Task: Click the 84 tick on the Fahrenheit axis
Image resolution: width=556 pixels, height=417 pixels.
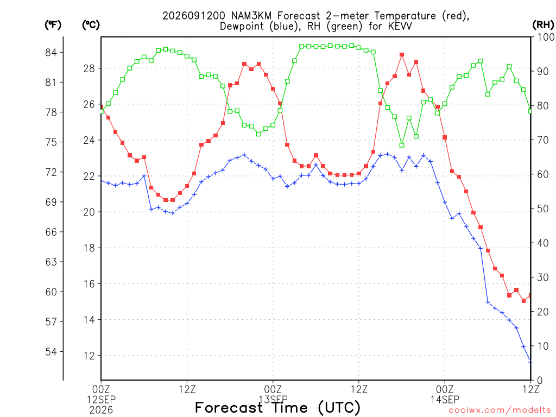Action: (x=51, y=53)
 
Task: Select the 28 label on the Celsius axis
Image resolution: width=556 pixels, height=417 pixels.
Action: (x=90, y=68)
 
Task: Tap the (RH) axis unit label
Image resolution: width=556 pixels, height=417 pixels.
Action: (x=543, y=24)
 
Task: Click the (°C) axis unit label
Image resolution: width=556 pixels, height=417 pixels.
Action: (x=91, y=24)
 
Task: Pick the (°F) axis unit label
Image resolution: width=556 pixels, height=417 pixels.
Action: (x=53, y=24)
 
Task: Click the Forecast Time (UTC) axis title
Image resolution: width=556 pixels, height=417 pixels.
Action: (x=277, y=407)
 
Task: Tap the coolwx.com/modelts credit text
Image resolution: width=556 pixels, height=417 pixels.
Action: (x=500, y=410)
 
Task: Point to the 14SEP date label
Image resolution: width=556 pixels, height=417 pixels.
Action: (x=445, y=400)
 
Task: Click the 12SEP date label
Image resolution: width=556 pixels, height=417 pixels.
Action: (x=102, y=400)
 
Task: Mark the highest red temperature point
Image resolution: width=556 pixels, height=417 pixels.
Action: (x=402, y=55)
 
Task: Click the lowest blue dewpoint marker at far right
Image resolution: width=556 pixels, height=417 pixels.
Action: (x=530, y=361)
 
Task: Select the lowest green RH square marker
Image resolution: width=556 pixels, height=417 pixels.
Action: (x=402, y=145)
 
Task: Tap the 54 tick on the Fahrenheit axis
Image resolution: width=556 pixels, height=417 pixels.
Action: (x=51, y=352)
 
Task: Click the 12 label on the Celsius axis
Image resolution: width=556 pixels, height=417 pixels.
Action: (x=90, y=356)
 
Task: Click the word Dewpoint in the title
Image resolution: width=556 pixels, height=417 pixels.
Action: (x=242, y=26)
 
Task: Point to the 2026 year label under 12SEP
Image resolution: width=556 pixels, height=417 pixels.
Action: (x=102, y=410)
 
